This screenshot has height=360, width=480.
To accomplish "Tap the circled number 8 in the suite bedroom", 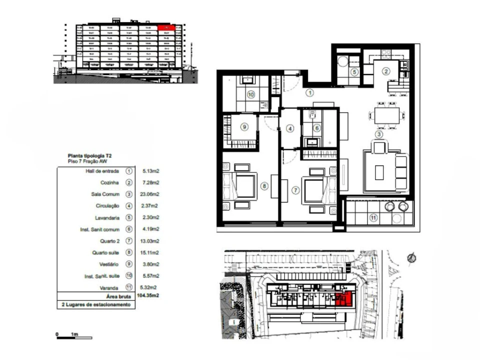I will pyautogui.click(x=264, y=186).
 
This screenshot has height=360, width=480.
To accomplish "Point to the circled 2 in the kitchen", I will pyautogui.click(x=385, y=71).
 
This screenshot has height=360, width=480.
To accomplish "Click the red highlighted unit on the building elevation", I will pyautogui.click(x=165, y=28).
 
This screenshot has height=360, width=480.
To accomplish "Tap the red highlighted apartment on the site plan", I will pyautogui.click(x=344, y=299).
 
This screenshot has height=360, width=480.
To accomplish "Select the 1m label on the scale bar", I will pyautogui.click(x=74, y=333).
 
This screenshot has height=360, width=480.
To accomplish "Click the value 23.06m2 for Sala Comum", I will pyautogui.click(x=150, y=194).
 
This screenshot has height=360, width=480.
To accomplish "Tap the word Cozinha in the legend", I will pyautogui.click(x=109, y=182).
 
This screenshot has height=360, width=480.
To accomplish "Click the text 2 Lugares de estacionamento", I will pyautogui.click(x=95, y=304).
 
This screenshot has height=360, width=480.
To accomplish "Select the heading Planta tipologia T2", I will pyautogui.click(x=90, y=156).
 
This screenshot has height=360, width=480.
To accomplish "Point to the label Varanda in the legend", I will pyautogui.click(x=108, y=287).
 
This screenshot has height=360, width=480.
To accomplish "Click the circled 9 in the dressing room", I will pyautogui.click(x=244, y=127).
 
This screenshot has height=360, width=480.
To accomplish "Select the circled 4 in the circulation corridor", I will pyautogui.click(x=289, y=128).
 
